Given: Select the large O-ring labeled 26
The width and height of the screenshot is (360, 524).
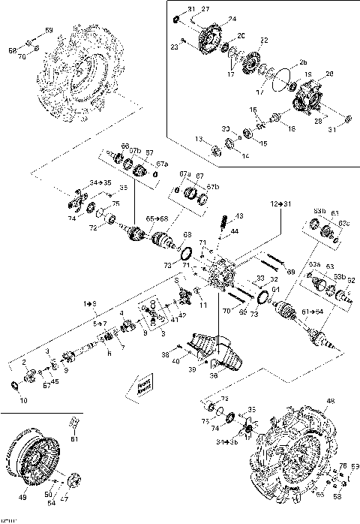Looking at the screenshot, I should pyautogui.click(x=281, y=77).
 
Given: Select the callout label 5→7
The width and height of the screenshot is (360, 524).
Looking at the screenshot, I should pyautogui.click(x=100, y=324).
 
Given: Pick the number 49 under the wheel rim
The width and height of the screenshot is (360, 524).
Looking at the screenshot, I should pyautogui.click(x=22, y=497).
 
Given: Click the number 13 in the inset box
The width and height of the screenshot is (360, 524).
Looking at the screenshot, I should pyautogui.click(x=198, y=140).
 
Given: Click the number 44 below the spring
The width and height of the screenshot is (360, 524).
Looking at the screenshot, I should pyautogui.click(x=235, y=232).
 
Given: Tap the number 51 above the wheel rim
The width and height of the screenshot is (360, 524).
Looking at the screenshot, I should pyautogui.click(x=74, y=439).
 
